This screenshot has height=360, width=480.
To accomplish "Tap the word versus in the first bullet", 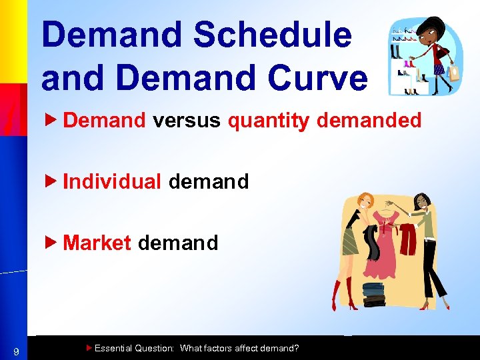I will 187,121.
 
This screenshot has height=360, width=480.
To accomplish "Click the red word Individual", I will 112,181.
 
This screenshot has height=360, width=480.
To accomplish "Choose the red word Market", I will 97,243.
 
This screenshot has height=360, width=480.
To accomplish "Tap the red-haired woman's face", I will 366,201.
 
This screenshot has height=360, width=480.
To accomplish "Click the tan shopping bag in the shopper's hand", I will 455,71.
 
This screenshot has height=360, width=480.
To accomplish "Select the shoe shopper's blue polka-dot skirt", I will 439,69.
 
